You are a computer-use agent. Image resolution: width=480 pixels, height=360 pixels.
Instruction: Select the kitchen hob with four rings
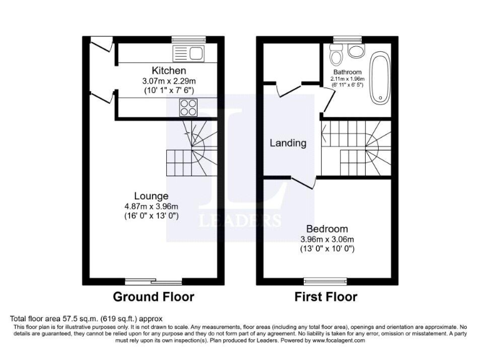pyautogui.click(x=189, y=109)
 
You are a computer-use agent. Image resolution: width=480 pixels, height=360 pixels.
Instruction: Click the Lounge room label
pyautogui.click(x=151, y=196)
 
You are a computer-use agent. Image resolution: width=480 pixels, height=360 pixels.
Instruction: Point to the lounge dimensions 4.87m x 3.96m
pyautogui.click(x=151, y=206)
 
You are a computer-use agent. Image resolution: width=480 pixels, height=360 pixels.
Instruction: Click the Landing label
pyautogui.click(x=287, y=143)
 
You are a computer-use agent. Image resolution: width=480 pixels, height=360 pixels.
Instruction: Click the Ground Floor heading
pyautogui.click(x=153, y=296)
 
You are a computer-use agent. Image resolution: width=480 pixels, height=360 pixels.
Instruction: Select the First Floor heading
pyautogui.click(x=326, y=296)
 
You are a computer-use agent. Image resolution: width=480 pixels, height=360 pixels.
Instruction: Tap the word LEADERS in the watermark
pyautogui.click(x=239, y=220)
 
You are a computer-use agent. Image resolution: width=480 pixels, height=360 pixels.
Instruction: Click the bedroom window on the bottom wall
pyautogui.click(x=319, y=282)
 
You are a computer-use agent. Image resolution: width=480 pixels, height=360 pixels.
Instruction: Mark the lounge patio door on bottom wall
pyautogui.click(x=154, y=282)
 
